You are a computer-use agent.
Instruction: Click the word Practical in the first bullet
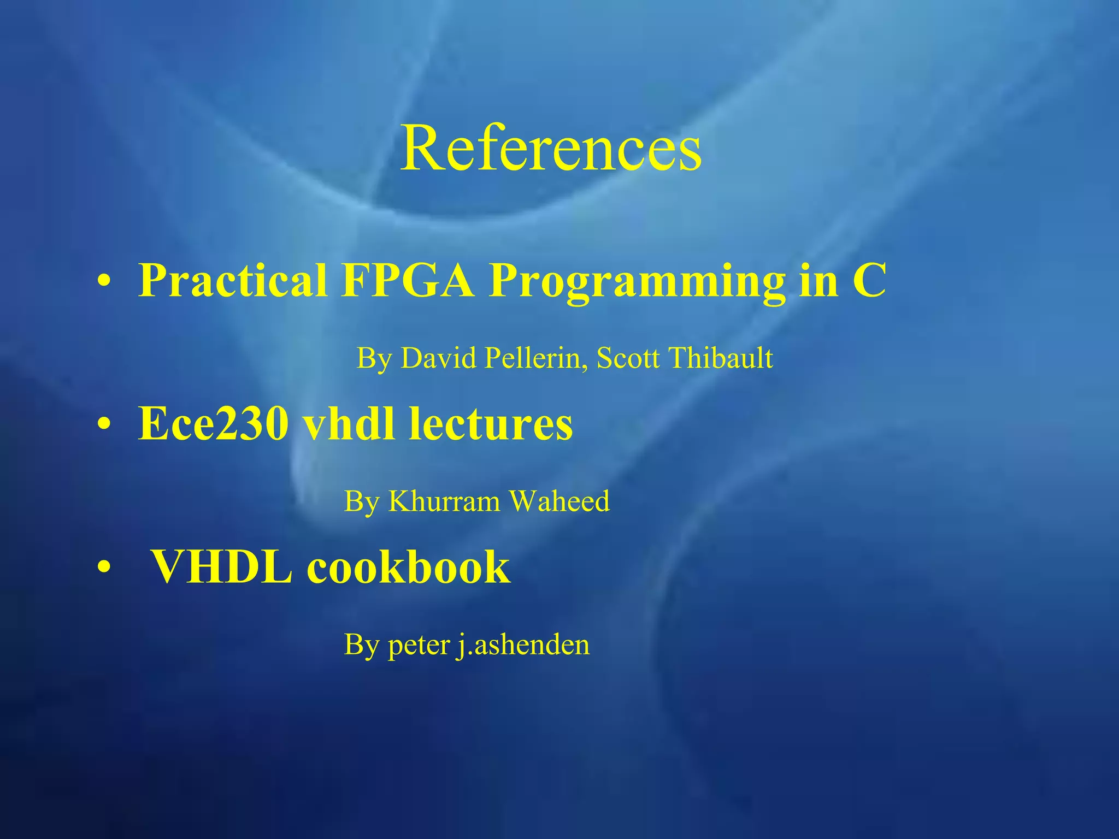[233, 281]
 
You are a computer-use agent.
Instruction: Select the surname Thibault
[721, 358]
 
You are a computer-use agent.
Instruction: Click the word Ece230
[213, 424]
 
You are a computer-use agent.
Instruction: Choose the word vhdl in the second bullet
[349, 424]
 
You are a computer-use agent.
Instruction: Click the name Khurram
[443, 501]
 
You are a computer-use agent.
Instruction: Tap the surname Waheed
[559, 501]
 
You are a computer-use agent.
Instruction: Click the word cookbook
[408, 568]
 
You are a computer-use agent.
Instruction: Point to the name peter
[419, 646]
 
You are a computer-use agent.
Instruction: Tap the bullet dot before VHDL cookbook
[103, 568]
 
